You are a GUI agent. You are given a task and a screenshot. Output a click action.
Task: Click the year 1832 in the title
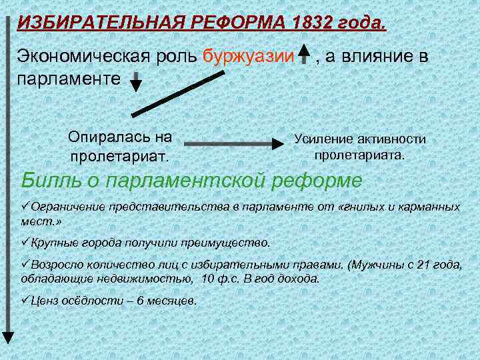coord(313,24)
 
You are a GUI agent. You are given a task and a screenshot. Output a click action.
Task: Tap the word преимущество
coord(229,241)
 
